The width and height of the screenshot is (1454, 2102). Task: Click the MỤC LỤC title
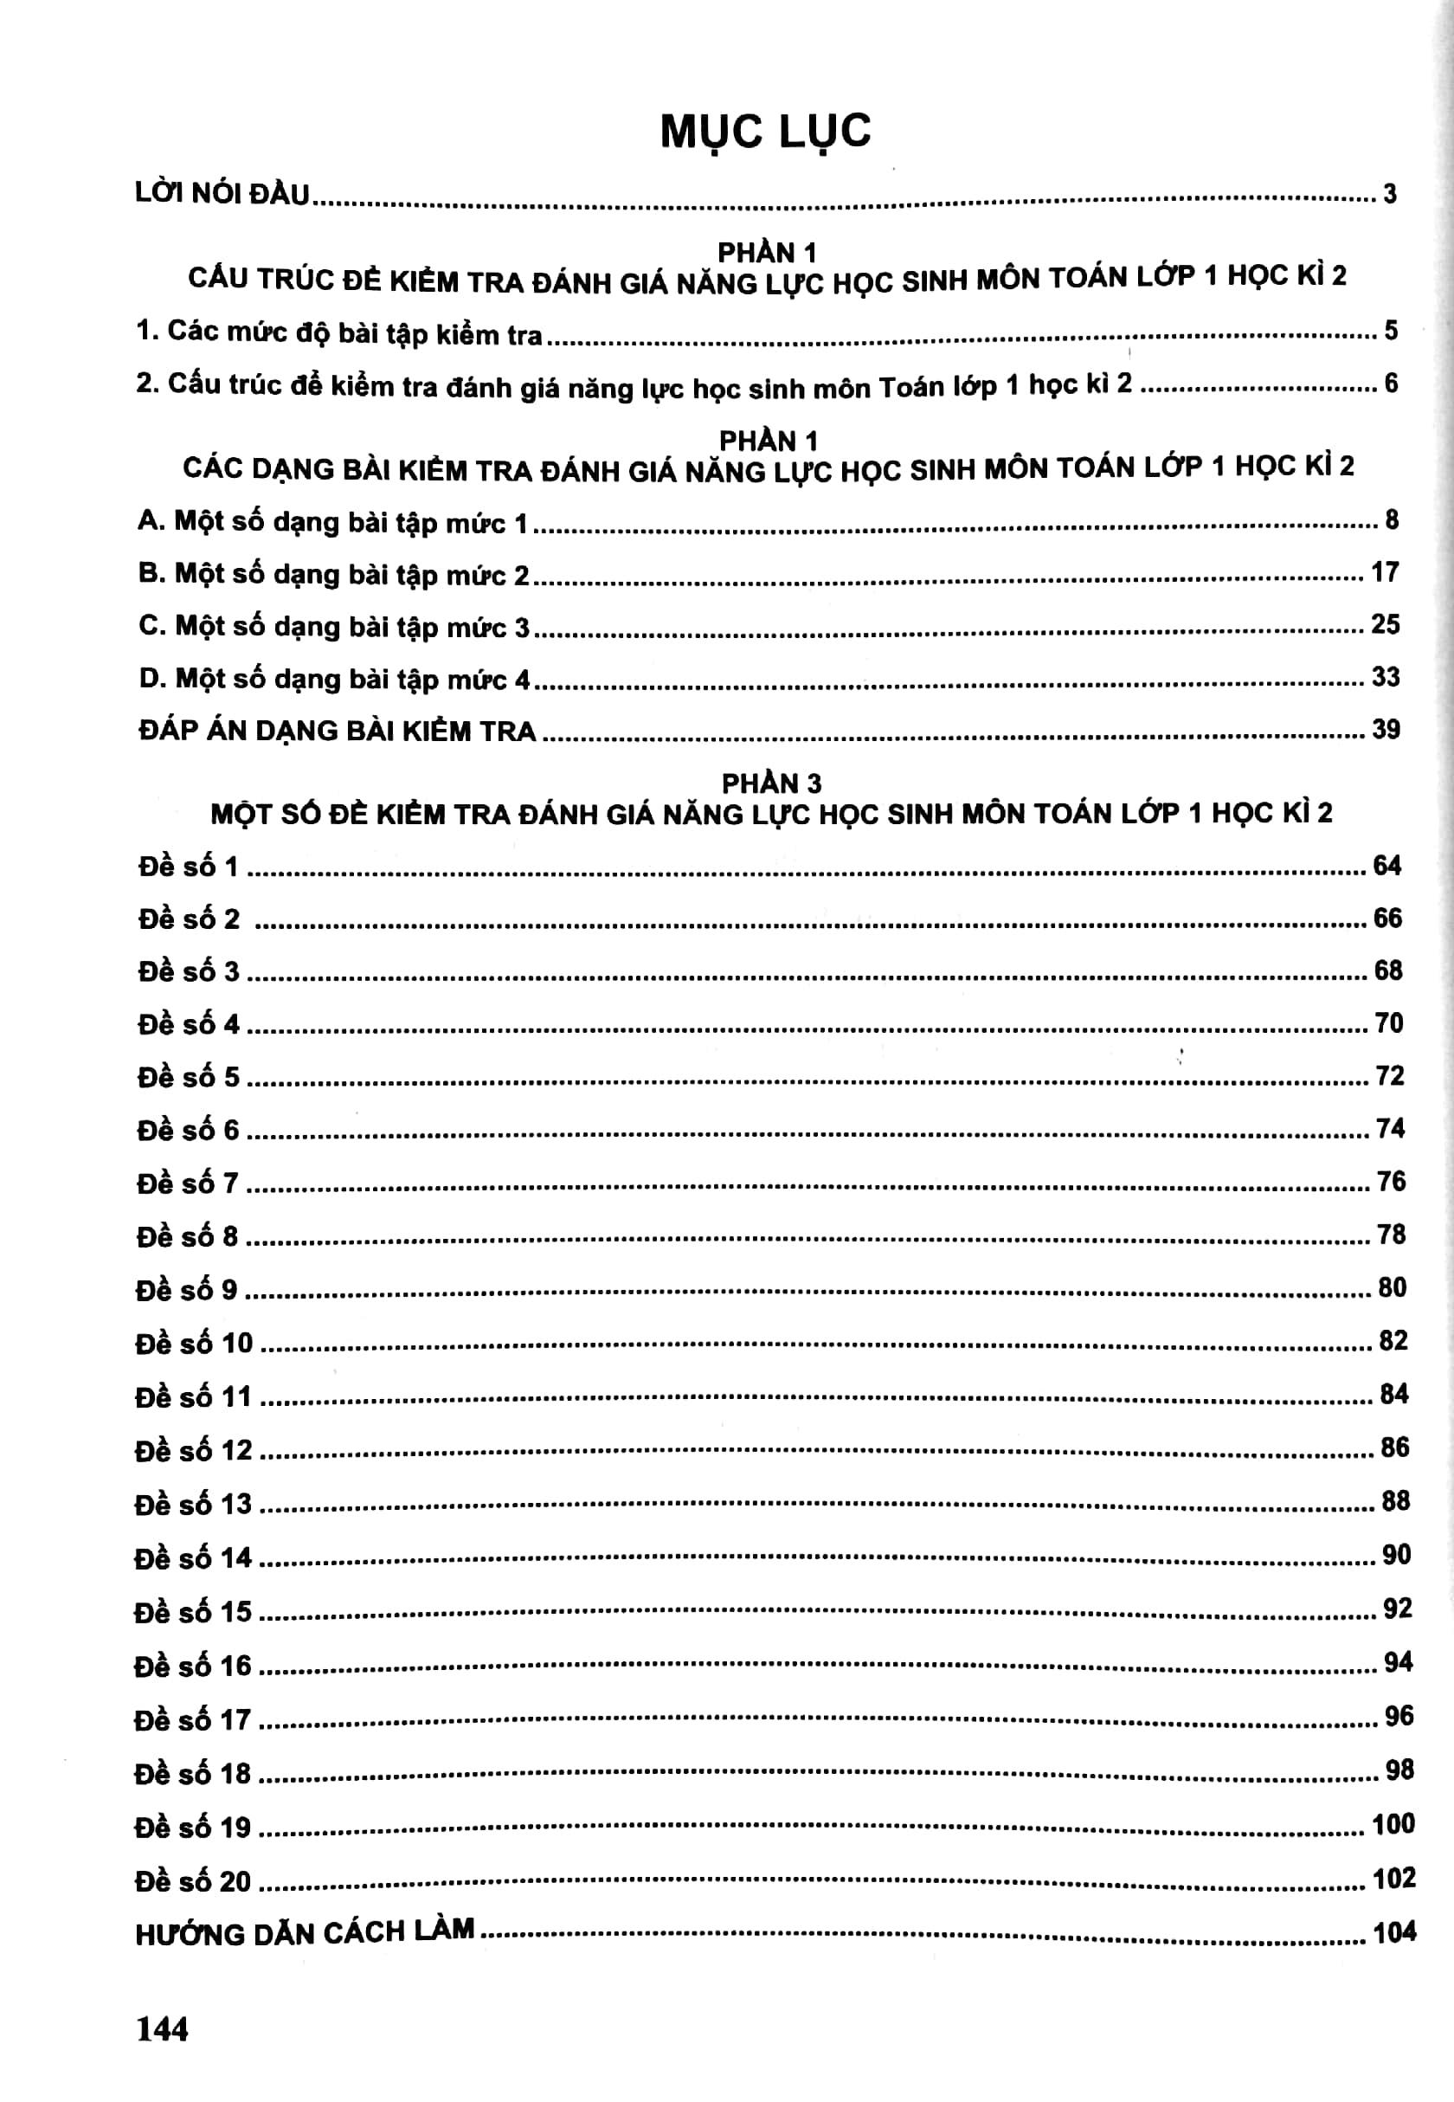(765, 132)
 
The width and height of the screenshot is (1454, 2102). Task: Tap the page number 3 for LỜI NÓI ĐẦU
(1389, 193)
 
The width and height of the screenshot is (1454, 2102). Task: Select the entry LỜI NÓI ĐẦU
(222, 193)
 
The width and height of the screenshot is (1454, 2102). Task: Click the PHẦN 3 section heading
(772, 783)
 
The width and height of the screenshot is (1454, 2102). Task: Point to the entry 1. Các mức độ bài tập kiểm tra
(339, 332)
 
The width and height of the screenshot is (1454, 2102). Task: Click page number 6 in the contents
(1391, 383)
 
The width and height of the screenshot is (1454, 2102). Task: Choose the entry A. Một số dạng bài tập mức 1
(332, 522)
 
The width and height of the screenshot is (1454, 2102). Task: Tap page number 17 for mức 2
(1385, 572)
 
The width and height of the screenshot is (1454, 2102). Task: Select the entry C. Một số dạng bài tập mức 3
(333, 626)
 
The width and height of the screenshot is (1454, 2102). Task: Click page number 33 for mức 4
(1385, 676)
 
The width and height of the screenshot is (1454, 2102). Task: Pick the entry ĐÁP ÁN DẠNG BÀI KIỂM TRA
(337, 731)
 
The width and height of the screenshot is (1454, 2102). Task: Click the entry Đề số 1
(188, 866)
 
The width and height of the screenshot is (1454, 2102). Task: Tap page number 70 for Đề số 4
(1388, 1023)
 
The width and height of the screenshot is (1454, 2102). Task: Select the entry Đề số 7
(188, 1183)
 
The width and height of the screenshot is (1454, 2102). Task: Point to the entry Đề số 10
(194, 1342)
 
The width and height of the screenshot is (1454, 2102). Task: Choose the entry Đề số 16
(192, 1666)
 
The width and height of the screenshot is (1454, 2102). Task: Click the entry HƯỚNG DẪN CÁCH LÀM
(305, 1931)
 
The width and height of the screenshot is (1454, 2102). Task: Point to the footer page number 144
(162, 2028)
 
